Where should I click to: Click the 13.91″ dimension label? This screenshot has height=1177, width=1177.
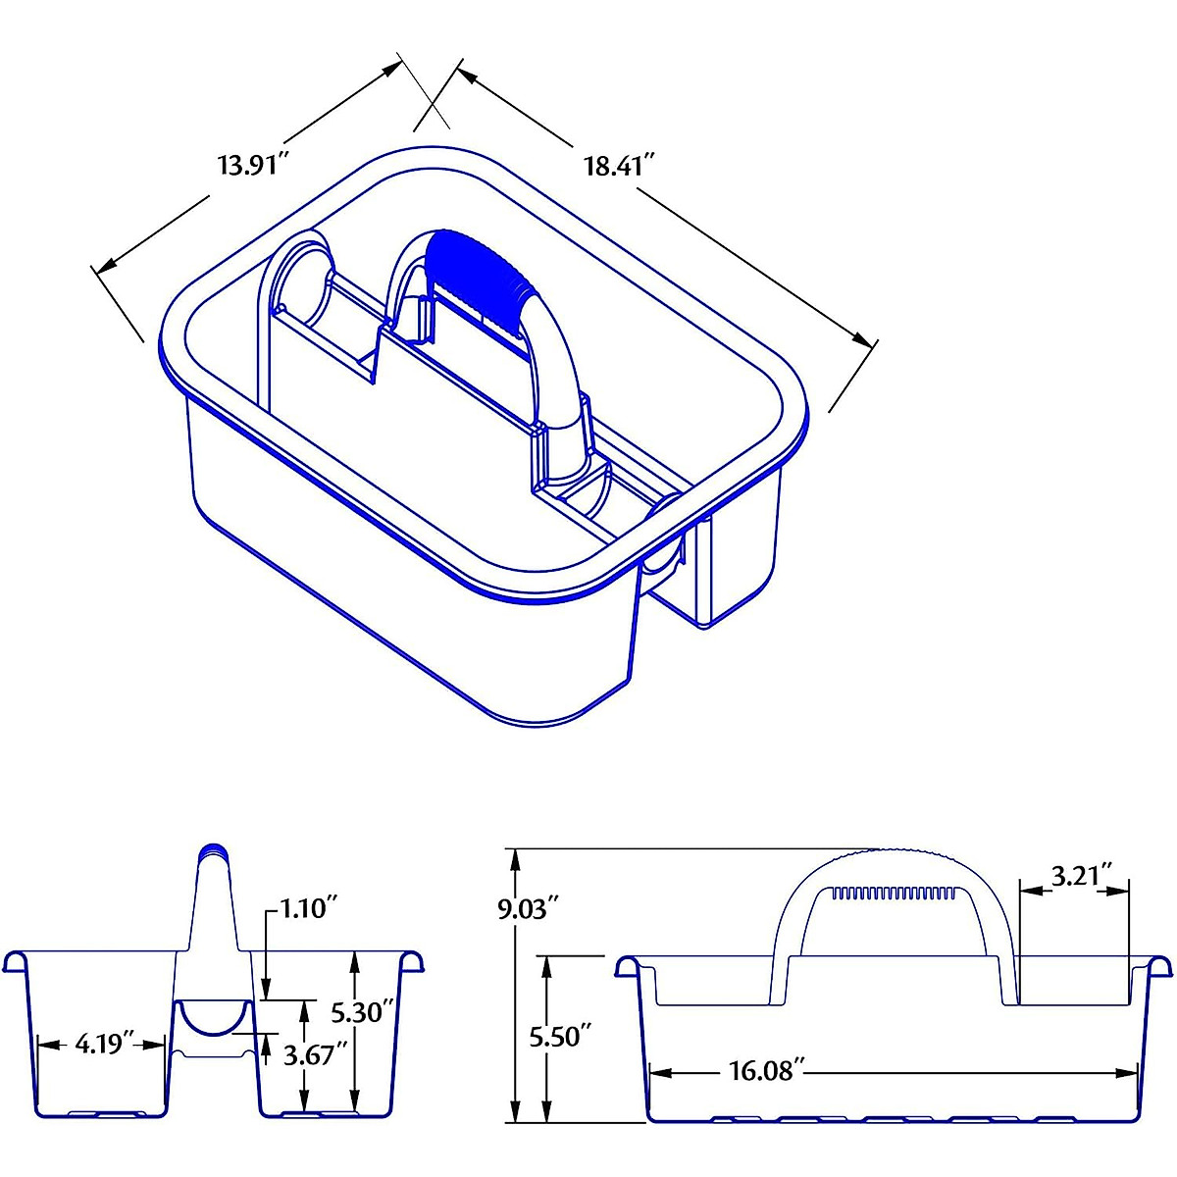[251, 163]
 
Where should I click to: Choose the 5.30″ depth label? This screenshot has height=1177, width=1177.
[363, 1011]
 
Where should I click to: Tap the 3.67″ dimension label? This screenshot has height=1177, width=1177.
[315, 1055]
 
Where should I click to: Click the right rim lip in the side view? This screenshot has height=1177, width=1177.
[1159, 966]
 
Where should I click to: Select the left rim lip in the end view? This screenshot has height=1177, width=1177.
[15, 960]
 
